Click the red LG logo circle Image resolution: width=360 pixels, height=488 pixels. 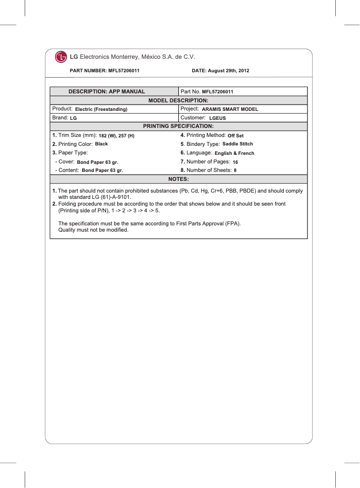coord(61,57)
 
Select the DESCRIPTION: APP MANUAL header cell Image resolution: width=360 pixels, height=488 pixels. coord(106,92)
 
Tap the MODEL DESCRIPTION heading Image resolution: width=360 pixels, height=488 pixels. coord(178,100)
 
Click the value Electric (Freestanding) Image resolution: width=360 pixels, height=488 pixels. coord(101,110)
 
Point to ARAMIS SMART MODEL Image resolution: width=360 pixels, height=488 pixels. coord(230,110)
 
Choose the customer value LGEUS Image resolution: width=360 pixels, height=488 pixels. coord(217,118)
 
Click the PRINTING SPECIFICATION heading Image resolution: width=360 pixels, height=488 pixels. coord(178,127)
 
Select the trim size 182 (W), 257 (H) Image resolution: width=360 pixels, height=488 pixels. coord(116,136)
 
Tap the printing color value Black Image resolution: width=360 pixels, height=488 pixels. coord(101,144)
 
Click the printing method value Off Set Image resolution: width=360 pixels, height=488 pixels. coord(236,136)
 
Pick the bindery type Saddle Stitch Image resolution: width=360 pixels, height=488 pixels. coord(237,144)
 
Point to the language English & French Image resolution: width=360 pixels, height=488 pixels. coord(234,153)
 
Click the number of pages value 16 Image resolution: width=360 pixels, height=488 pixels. coord(235,162)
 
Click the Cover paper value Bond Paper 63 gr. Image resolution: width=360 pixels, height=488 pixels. coord(97,162)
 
